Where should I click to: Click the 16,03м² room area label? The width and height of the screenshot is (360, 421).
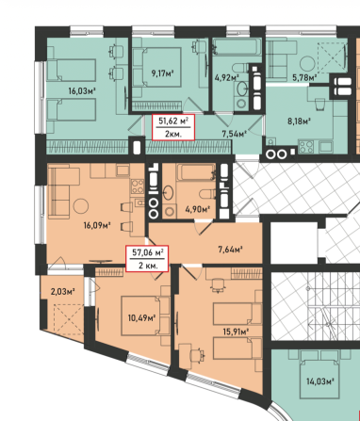coord(82,91)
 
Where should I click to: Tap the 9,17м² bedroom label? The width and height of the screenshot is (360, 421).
coord(162,73)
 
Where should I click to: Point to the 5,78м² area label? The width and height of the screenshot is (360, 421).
coord(304,77)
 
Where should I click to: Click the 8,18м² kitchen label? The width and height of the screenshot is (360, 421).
coord(300,121)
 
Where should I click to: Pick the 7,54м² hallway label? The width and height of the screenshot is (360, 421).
coord(234,134)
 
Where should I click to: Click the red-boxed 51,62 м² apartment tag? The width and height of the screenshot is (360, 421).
coord(173,127)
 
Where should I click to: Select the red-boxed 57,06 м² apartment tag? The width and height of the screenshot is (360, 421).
coord(147,258)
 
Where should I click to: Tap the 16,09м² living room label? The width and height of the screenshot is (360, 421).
coord(97,225)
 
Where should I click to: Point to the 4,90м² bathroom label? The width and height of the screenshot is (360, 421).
coord(198,208)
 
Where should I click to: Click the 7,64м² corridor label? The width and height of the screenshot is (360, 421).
coord(230,250)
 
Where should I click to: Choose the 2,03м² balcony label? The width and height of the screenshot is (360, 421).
coord(62,292)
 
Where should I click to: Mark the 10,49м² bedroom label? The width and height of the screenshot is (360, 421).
coord(142,318)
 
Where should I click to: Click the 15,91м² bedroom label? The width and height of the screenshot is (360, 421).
coord(236,331)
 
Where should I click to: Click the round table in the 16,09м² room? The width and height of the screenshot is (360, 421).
coord(81,206)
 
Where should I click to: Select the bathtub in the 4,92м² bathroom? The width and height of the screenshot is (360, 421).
coord(237,47)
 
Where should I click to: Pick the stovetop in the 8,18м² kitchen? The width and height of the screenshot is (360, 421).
coord(305,146)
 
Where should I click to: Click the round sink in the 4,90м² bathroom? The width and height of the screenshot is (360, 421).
coord(168,193)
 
